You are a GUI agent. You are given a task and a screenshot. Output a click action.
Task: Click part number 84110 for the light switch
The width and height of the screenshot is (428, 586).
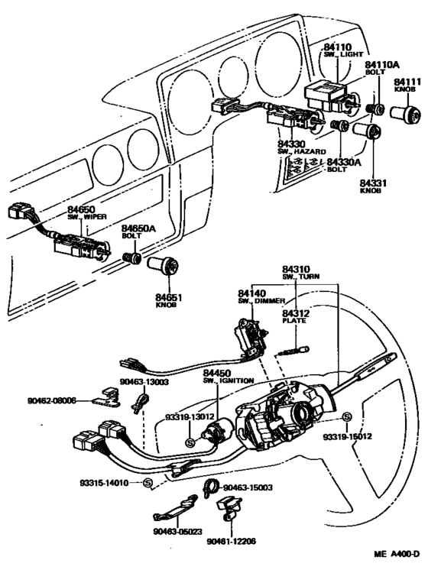[x=338, y=47]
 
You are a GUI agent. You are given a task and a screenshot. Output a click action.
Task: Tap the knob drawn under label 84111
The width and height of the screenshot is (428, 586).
[x=405, y=112]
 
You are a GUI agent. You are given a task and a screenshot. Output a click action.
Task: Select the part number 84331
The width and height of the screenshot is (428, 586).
[x=373, y=183]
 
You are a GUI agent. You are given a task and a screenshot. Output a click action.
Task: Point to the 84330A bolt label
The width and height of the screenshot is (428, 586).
[x=344, y=162]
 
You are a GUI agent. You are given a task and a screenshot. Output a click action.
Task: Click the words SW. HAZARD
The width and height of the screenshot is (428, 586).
[x=302, y=151]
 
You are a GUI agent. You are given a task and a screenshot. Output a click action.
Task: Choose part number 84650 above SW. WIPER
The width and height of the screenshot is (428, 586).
[x=81, y=209]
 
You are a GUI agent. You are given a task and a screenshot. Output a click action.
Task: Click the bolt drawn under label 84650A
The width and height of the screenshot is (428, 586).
[x=132, y=258]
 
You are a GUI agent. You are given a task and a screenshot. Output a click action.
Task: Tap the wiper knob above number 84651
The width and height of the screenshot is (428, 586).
[x=163, y=265]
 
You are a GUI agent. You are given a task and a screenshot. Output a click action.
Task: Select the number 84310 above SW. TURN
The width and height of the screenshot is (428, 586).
[x=296, y=269]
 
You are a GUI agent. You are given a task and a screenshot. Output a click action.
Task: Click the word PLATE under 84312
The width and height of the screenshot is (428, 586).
[x=294, y=321]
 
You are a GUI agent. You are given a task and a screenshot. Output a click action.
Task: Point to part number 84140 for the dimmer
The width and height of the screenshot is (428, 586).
[x=252, y=293]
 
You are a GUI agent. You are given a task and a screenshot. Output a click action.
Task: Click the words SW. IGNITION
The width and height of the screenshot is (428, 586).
[x=229, y=380]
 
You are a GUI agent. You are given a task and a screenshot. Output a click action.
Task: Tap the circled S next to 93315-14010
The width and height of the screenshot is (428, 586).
[x=148, y=483]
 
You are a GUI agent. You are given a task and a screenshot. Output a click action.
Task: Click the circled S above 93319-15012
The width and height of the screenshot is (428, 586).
[x=347, y=416]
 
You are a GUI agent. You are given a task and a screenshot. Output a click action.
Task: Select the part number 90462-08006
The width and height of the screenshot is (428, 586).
[x=51, y=400]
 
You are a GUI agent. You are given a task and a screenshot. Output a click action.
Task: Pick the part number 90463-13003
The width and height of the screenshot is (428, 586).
[x=144, y=381]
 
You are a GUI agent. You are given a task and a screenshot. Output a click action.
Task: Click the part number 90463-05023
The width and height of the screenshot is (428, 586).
[x=177, y=532]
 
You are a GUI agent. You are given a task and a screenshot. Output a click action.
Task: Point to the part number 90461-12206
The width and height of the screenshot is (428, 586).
[x=232, y=541]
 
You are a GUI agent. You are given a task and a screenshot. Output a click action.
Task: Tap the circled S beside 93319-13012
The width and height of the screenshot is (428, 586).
[x=190, y=443]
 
